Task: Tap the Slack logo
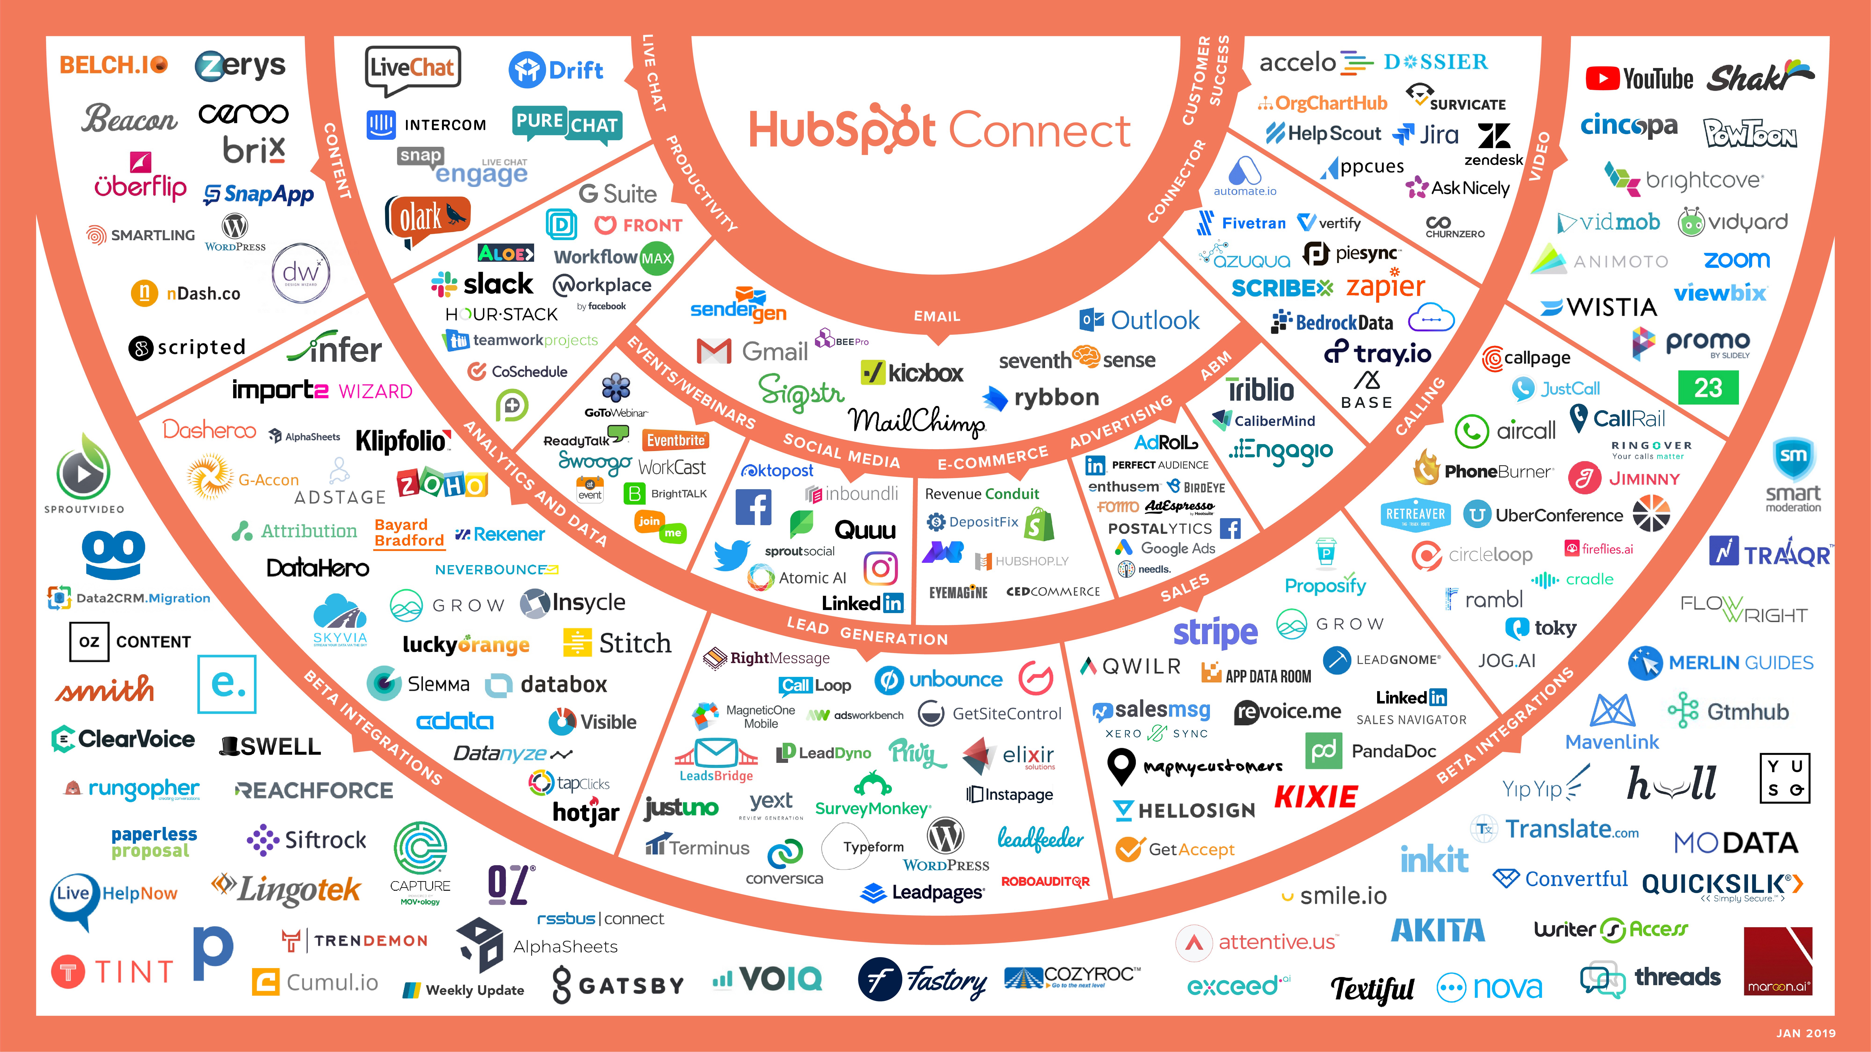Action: tap(482, 284)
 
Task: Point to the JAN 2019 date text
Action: tap(1806, 1032)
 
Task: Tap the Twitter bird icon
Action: tap(731, 555)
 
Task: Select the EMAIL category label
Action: tap(937, 316)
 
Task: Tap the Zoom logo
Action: tap(1737, 259)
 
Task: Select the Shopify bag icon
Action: tap(1039, 524)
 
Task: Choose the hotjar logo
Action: tap(585, 812)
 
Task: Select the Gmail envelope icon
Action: tap(714, 351)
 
